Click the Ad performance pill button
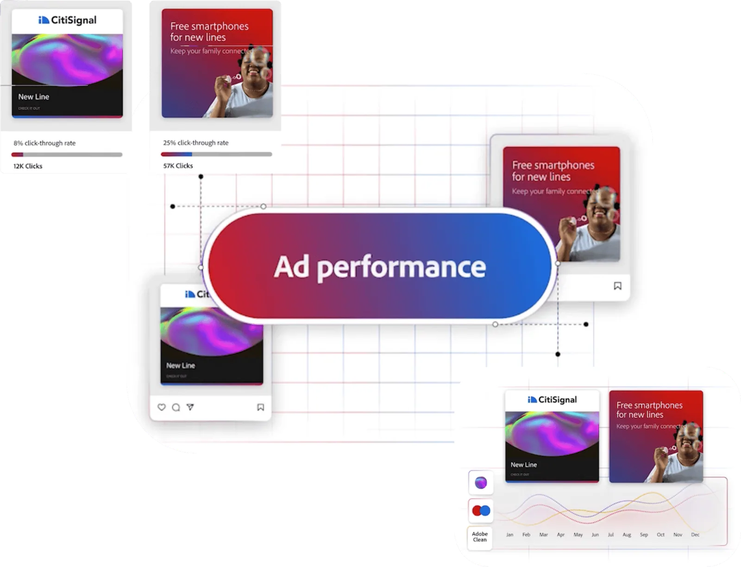point(380,267)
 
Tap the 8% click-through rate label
point(44,143)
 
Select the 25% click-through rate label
point(195,143)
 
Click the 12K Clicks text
point(28,166)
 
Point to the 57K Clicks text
point(178,166)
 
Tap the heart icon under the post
point(162,407)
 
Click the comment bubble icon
point(176,407)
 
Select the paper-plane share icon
point(190,407)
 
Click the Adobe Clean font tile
point(480,537)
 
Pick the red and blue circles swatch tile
point(481,511)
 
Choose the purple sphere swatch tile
point(481,483)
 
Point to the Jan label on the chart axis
point(509,535)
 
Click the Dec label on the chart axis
point(695,535)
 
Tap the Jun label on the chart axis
point(595,535)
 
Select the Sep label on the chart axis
point(644,535)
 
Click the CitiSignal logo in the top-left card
point(68,20)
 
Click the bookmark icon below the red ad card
point(617,286)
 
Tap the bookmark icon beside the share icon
point(261,407)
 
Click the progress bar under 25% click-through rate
point(216,154)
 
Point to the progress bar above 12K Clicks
point(67,155)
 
